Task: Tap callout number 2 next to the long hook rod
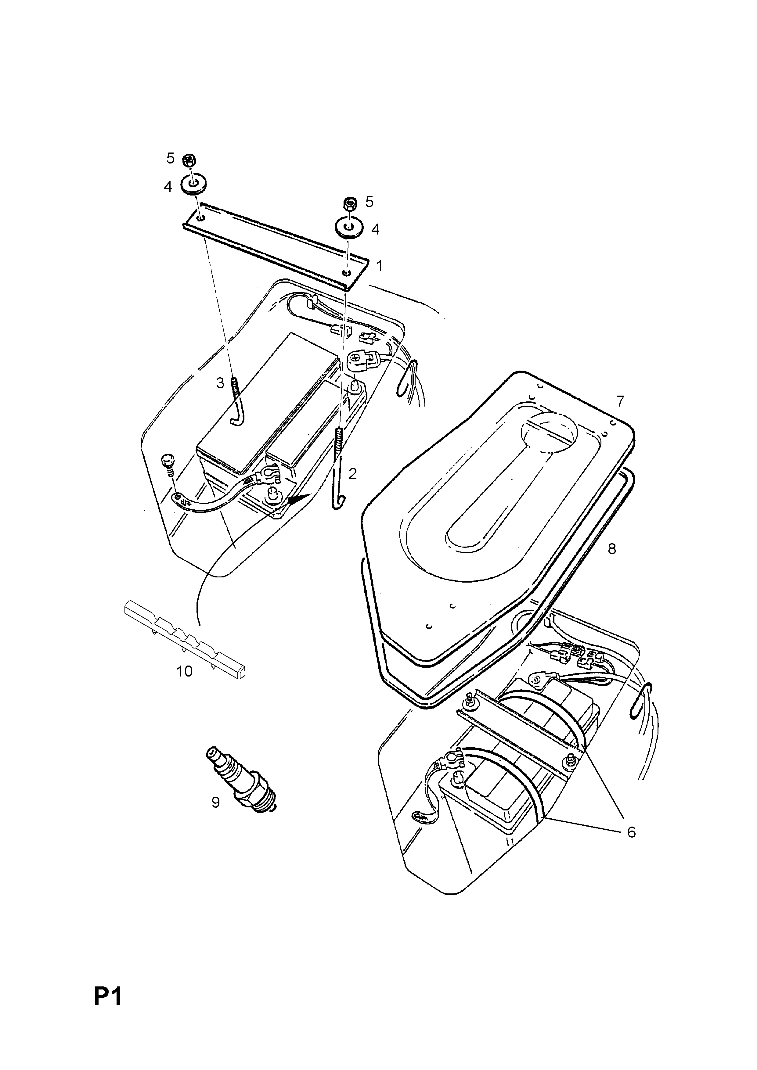(352, 474)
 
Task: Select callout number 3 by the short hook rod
(220, 383)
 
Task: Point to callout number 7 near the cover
(619, 401)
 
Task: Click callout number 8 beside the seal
(611, 549)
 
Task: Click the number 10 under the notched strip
(185, 672)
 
